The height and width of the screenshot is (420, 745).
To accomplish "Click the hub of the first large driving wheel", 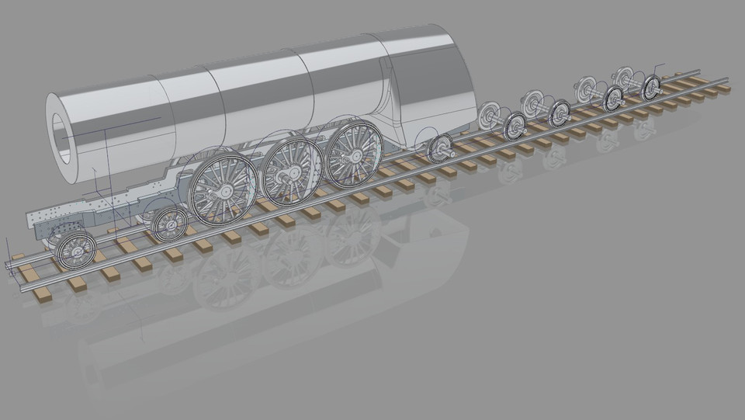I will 223,190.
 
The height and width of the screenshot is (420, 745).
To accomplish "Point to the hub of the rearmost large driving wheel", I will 354,153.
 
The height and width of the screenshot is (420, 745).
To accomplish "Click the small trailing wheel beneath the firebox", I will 441,147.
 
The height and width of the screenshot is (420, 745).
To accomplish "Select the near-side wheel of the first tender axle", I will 515,126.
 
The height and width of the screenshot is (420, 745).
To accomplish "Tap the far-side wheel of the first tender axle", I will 489,116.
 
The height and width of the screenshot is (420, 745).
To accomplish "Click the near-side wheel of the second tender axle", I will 559,113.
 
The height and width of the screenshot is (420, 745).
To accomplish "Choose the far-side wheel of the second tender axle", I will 532,102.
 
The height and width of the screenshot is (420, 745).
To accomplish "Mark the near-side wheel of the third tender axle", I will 614,99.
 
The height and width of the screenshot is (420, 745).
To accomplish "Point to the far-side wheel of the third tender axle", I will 587,89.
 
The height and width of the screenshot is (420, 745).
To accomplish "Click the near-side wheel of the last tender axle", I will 651,87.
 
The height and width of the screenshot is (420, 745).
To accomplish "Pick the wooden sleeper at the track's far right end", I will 722,89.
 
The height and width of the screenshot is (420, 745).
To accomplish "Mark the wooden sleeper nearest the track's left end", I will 31,273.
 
